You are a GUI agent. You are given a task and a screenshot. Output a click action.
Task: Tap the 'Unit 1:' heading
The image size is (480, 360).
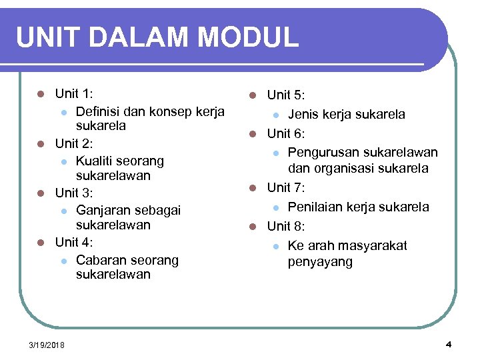coord(75,94)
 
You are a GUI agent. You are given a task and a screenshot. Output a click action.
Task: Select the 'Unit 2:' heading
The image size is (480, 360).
coord(75,143)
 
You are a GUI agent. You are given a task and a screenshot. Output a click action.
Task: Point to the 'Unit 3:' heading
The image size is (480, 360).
coord(75,193)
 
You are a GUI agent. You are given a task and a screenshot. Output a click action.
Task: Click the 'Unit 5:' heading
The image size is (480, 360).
coord(287,97)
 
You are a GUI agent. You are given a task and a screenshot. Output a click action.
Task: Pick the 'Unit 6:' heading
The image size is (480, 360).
coord(287,134)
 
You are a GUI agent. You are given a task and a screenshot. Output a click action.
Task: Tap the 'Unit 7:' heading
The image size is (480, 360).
coord(287,188)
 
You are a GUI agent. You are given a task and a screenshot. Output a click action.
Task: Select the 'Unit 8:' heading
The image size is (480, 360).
coord(287,227)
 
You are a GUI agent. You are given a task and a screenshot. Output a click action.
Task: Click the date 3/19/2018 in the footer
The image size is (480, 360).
coord(47,345)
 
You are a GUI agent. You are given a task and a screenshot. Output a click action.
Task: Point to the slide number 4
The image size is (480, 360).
coord(448,344)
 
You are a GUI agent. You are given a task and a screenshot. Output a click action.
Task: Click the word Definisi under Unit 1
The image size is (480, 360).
coord(101,111)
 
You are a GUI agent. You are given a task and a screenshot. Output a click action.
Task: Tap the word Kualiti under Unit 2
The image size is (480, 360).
coord(97,161)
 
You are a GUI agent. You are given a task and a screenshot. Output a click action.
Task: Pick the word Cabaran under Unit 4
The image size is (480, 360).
coord(101,260)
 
